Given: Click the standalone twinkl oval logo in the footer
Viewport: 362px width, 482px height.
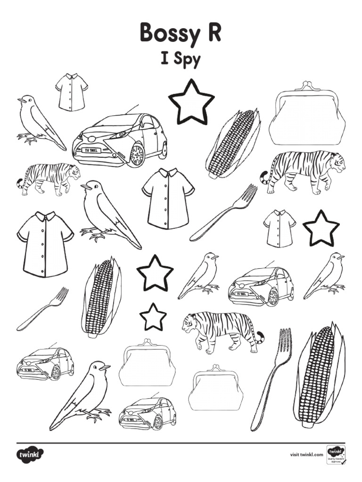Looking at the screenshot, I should tap(31, 455).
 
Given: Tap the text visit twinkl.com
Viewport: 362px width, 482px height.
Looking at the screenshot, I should tap(306, 455).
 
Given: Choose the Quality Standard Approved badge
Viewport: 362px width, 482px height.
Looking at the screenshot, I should tap(336, 455).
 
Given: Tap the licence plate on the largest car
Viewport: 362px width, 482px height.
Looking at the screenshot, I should tap(92, 150).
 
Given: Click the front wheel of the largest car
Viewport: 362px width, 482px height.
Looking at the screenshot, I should tap(137, 155).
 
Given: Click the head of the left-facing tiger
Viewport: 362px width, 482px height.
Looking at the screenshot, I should tap(191, 325).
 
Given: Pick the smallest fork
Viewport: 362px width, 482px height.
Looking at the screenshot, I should tap(42, 309).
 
